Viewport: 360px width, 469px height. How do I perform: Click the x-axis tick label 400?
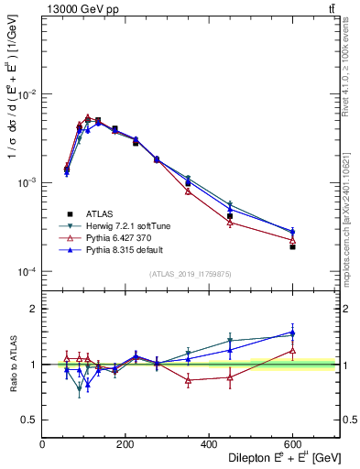tap(209, 443)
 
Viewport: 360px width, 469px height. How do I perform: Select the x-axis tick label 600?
tap(292, 443)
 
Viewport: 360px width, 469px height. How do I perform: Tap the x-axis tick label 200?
tap(125, 443)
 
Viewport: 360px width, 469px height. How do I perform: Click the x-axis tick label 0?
tap(42, 443)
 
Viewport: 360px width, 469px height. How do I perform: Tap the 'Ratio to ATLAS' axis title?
tap(12, 365)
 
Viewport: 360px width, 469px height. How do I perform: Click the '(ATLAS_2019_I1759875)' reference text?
tap(191, 273)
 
